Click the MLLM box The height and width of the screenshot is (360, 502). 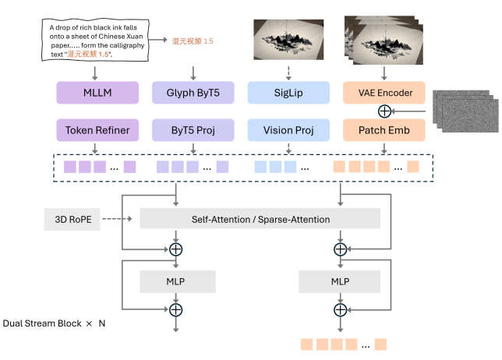[94, 94]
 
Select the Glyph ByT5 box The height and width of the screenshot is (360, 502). [190, 94]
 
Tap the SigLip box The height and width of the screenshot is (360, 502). [282, 94]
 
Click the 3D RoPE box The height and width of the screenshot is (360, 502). [72, 219]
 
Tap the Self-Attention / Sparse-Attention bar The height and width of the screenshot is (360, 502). [260, 219]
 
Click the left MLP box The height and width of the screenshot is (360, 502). [176, 280]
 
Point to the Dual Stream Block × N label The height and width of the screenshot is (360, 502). [55, 323]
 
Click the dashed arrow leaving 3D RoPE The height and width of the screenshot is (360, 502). [118, 219]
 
